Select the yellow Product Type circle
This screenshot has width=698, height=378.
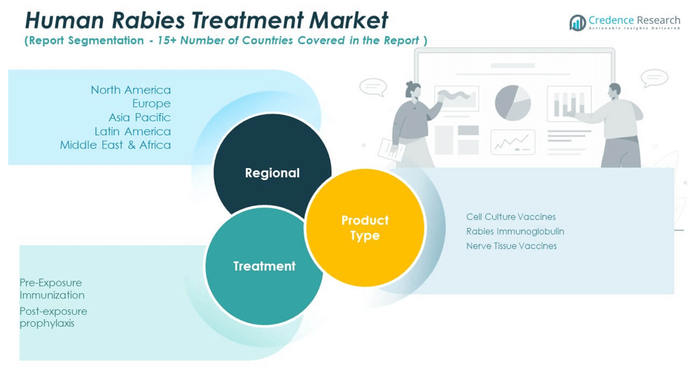point(365,228)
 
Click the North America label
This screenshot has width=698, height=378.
point(130,90)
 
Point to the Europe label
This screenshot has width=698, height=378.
point(151,104)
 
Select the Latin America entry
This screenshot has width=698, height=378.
point(132,131)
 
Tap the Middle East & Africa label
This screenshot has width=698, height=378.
point(115,145)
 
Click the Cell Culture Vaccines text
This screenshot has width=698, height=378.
point(510,217)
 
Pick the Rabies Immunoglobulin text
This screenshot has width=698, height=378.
point(515,231)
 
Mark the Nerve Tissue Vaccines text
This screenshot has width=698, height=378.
point(511,246)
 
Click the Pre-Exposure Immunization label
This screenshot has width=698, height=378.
point(51,289)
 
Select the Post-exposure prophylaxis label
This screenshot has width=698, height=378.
point(53,317)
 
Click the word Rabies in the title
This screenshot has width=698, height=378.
point(149,20)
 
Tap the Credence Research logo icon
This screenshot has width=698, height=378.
point(577,23)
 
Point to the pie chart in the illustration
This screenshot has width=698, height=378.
point(512,103)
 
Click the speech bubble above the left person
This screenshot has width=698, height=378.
point(373,87)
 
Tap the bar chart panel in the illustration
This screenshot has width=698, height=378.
point(569,104)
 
